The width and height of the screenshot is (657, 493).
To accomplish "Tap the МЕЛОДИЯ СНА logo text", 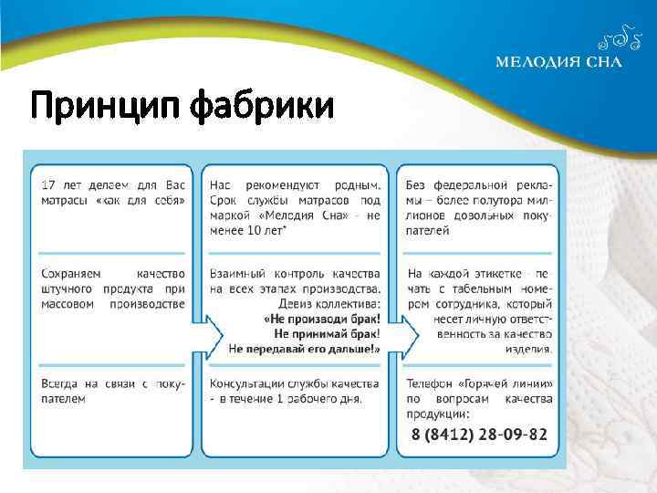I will [x=558, y=62].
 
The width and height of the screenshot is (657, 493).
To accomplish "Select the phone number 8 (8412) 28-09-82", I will [x=479, y=433].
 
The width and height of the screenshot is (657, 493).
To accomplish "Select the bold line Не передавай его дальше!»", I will [x=305, y=349].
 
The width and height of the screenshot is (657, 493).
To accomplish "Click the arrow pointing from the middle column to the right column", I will [x=405, y=335].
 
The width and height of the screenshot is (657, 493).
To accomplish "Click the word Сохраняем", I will [x=72, y=273].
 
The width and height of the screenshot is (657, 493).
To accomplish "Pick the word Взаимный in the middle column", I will [x=235, y=273].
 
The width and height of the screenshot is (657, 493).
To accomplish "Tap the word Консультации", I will [x=246, y=383].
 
